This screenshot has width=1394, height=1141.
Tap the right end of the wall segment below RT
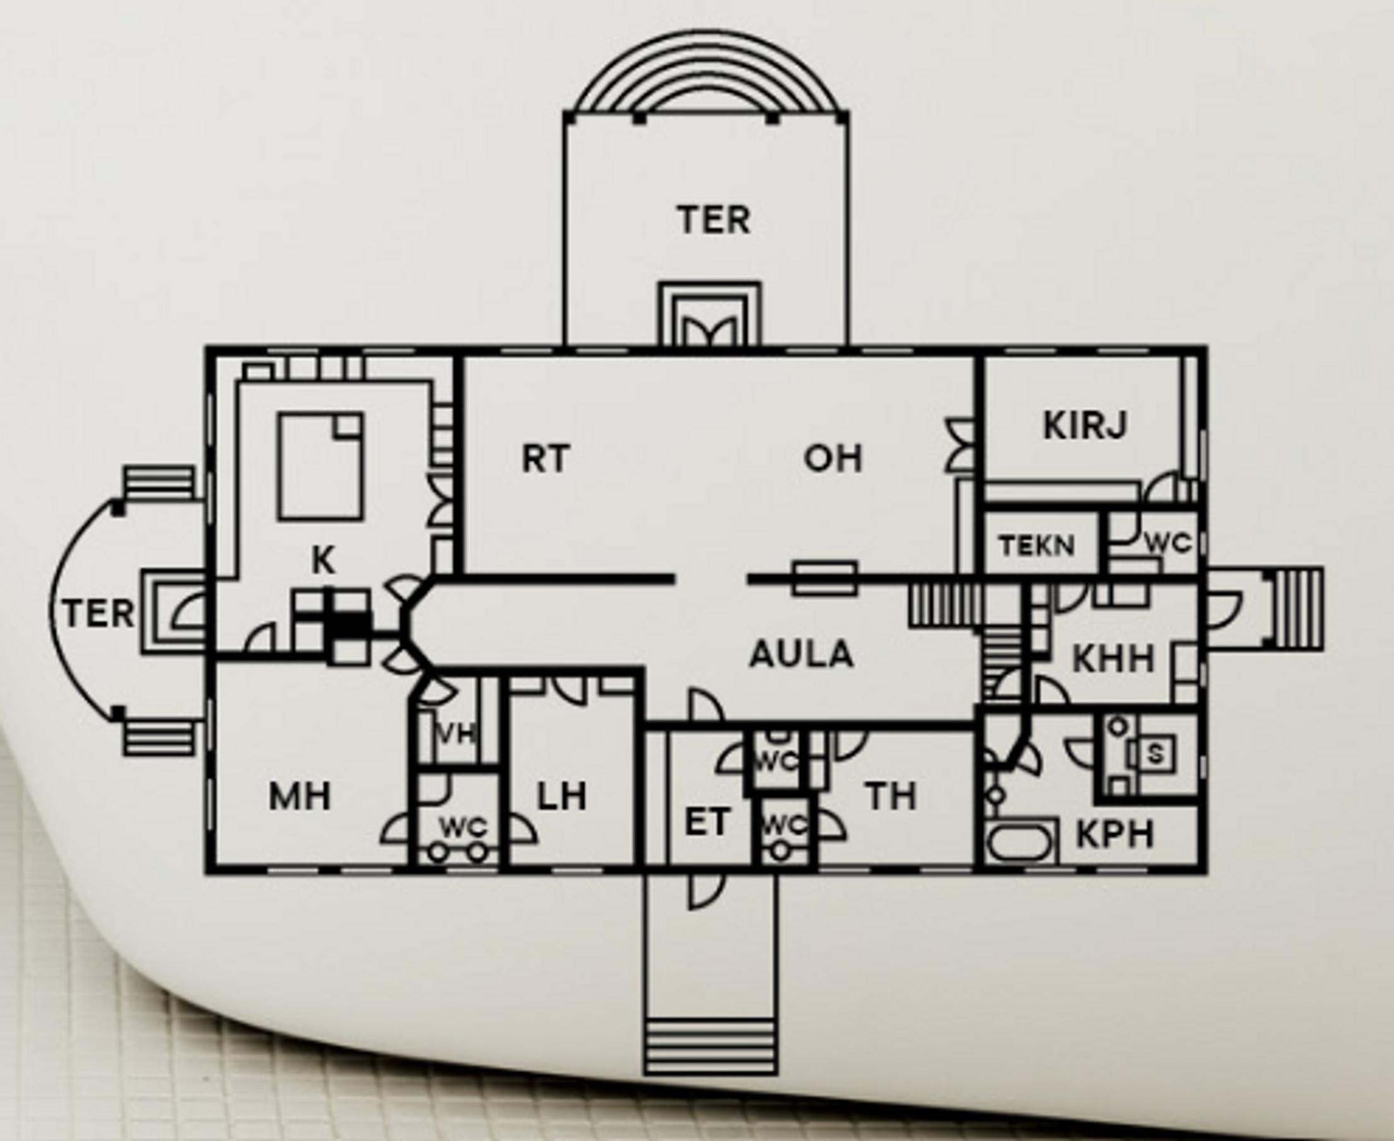(x=673, y=578)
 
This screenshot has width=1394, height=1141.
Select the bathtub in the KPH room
(x=1021, y=842)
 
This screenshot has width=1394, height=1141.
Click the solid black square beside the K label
(x=346, y=624)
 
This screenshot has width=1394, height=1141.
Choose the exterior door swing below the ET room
(x=701, y=889)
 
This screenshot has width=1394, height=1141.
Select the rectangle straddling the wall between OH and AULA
(x=824, y=578)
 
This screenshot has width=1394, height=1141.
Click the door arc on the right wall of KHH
(x=1223, y=608)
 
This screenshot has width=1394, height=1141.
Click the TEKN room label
(x=1037, y=545)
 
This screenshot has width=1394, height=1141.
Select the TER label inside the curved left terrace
(x=98, y=614)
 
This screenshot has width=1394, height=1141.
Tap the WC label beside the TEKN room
(x=1168, y=543)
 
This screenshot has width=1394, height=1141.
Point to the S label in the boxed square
(x=1155, y=754)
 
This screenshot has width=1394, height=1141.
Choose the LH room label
(x=562, y=797)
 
